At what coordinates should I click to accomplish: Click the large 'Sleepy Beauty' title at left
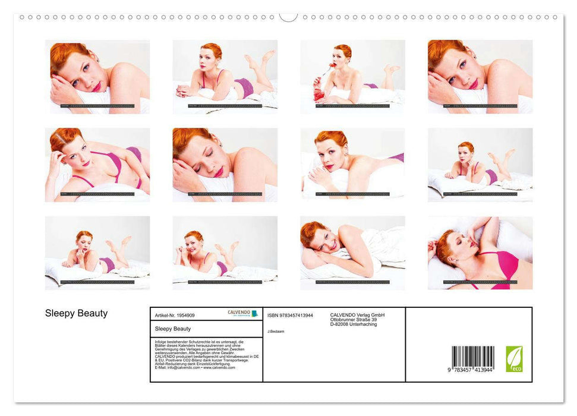coord(76,313)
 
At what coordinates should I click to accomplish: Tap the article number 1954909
coord(174,316)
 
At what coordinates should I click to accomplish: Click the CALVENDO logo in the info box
coord(242,313)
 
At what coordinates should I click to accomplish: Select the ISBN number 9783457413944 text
coord(291,315)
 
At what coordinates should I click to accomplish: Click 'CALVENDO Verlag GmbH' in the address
coord(358,315)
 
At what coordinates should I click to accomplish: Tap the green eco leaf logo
coord(514,359)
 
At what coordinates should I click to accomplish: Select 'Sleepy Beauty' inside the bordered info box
coord(172,328)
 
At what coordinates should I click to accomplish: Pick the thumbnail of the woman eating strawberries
coord(352,77)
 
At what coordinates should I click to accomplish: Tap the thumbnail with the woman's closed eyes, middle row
coord(225,165)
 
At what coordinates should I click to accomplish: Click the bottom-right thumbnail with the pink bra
coord(480,253)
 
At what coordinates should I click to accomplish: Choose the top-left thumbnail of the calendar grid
coord(97,77)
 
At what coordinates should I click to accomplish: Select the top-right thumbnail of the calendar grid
coord(480,77)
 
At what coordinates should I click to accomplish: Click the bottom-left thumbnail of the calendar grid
coord(97,253)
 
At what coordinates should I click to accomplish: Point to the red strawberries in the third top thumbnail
coord(318,94)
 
